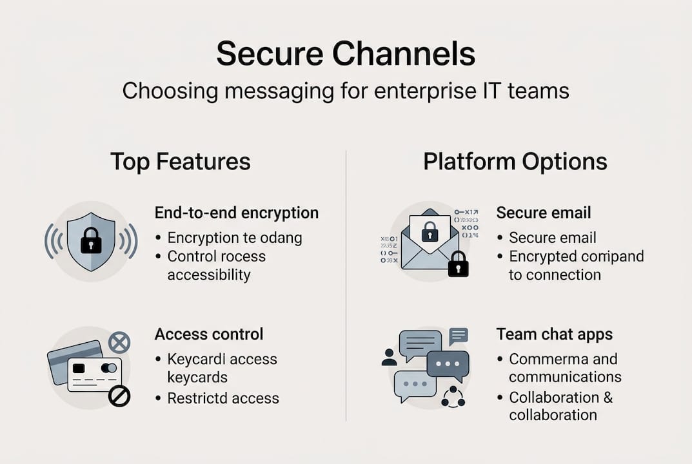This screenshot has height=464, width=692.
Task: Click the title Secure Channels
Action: pyautogui.click(x=346, y=53)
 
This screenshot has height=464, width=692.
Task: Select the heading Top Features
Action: pyautogui.click(x=180, y=161)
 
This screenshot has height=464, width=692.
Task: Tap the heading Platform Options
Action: pyautogui.click(x=515, y=161)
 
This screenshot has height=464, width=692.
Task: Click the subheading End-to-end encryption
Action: pyautogui.click(x=237, y=213)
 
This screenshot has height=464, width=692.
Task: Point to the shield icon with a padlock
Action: pyautogui.click(x=90, y=240)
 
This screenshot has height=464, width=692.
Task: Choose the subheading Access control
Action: pyautogui.click(x=209, y=334)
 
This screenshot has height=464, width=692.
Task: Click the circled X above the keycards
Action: pyautogui.click(x=119, y=342)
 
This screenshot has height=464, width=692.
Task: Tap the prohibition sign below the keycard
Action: pyautogui.click(x=119, y=396)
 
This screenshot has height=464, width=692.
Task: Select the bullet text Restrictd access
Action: pyautogui.click(x=223, y=398)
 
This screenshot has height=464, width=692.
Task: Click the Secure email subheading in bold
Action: pyautogui.click(x=544, y=213)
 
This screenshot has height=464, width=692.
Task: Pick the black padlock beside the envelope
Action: pyautogui.click(x=458, y=264)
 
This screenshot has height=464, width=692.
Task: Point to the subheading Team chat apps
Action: pyautogui.click(x=555, y=334)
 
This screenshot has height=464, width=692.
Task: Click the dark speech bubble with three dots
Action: pyautogui.click(x=448, y=365)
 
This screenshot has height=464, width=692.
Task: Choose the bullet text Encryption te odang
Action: pyautogui.click(x=235, y=237)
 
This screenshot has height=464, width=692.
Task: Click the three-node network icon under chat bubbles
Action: pyautogui.click(x=453, y=396)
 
